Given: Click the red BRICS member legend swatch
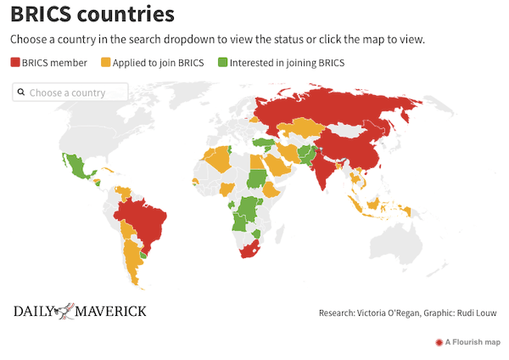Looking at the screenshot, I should pyautogui.click(x=15, y=62).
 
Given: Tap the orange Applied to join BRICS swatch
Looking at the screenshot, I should pyautogui.click(x=106, y=62).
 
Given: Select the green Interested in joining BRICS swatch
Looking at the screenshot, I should pyautogui.click(x=222, y=62).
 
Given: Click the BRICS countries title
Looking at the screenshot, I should pyautogui.click(x=92, y=14).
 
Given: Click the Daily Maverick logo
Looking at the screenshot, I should pyautogui.click(x=80, y=311).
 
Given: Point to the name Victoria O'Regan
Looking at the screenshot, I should pyautogui.click(x=387, y=313).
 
